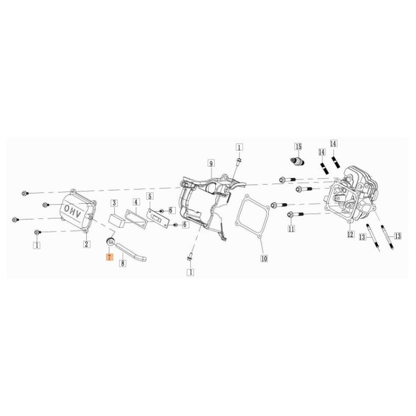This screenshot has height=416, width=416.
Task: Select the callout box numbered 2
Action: [x=86, y=244]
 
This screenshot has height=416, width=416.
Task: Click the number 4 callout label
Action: [x=136, y=202]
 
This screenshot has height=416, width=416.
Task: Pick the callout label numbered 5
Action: [x=150, y=197]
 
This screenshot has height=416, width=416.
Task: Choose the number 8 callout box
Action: [x=123, y=263]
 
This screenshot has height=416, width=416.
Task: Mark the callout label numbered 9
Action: [x=211, y=164]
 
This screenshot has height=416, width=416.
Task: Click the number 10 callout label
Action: [x=264, y=258]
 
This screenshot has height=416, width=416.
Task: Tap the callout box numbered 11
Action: [x=291, y=229]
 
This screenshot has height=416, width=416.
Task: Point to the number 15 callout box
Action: [x=298, y=147]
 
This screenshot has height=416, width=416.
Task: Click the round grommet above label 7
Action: [x=110, y=241]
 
